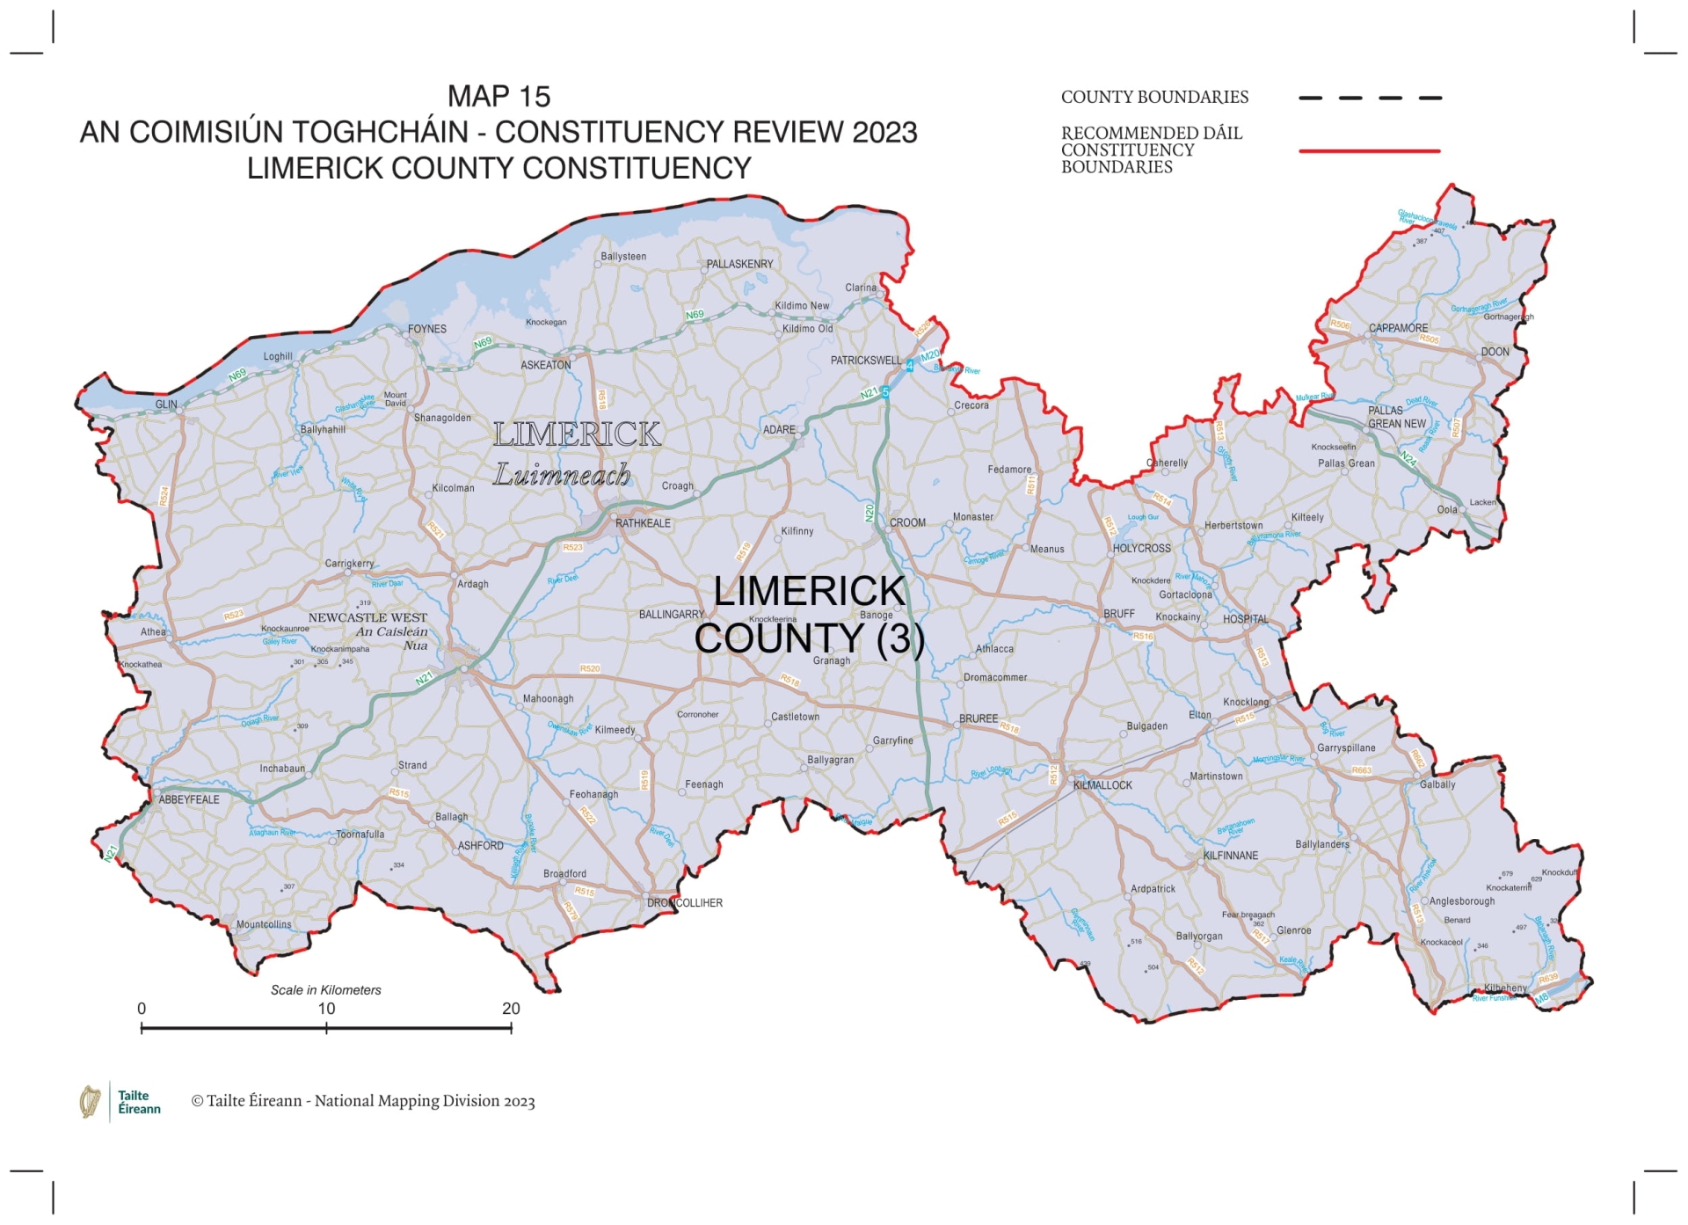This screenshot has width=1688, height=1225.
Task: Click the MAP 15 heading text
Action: tap(498, 96)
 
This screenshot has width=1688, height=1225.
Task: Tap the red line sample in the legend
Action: tap(1369, 151)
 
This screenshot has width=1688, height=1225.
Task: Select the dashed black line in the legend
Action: tap(1369, 98)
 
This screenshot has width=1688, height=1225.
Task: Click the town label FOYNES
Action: tap(427, 329)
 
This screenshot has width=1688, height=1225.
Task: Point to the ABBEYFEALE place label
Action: tap(189, 799)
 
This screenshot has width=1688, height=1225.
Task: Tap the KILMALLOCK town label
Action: tap(1102, 785)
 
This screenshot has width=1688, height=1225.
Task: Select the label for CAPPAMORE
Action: tap(1398, 328)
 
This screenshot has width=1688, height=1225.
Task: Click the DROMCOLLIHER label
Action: tap(685, 903)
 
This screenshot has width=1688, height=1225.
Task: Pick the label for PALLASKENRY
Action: tap(739, 264)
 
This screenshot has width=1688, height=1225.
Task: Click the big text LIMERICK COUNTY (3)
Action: tap(809, 615)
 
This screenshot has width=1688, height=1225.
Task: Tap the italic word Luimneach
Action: tap(562, 476)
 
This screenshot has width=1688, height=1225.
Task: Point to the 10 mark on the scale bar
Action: tap(326, 1009)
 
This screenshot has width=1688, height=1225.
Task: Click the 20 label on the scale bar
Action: tap(511, 1009)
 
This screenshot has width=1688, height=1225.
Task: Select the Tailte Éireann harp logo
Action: tap(90, 1101)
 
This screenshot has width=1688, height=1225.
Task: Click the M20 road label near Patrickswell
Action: tap(930, 355)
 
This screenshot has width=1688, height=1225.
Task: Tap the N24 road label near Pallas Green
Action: tap(1408, 458)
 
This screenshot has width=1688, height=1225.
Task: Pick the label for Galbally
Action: tap(1437, 784)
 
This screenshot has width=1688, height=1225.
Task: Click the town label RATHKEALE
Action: tap(643, 523)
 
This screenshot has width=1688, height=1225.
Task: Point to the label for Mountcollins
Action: tap(264, 924)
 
